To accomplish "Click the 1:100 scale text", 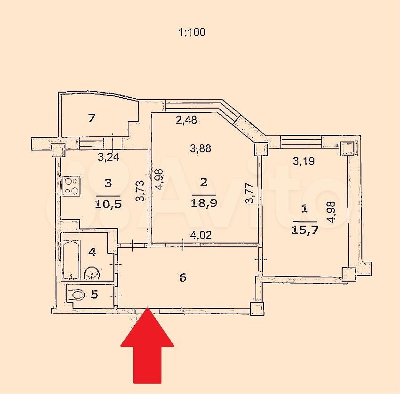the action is click(x=192, y=32).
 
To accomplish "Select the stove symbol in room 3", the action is click(x=72, y=186).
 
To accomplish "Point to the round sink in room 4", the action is click(x=92, y=274).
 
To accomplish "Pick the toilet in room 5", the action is click(x=76, y=295).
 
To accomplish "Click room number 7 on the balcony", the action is click(x=92, y=118).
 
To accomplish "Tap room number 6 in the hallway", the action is click(x=183, y=277).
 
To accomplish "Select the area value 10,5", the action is click(x=108, y=204).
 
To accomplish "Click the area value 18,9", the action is click(x=204, y=203).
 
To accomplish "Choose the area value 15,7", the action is click(x=305, y=230).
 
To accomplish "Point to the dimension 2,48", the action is click(x=186, y=120).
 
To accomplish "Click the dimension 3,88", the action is click(x=200, y=148).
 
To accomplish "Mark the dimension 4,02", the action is click(x=201, y=235).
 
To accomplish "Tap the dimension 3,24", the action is click(x=109, y=157).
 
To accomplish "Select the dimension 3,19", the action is click(x=304, y=161).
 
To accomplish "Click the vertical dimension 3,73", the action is click(x=140, y=191).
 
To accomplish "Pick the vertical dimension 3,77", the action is click(x=249, y=193).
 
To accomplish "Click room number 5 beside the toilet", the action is click(x=95, y=294).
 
